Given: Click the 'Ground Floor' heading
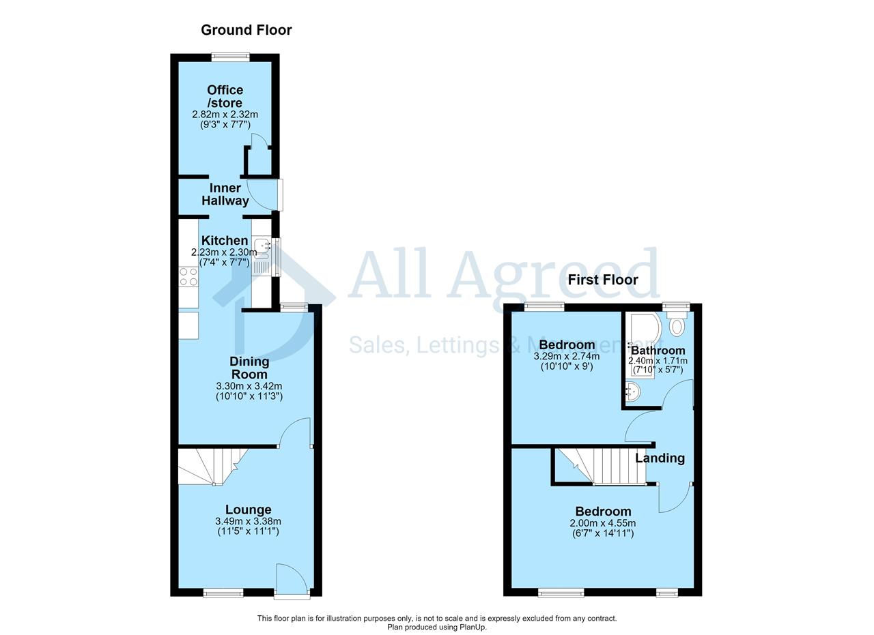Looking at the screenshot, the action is coord(246,30).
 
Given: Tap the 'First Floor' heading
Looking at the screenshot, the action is coord(603,280).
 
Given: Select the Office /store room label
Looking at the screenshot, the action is coord(225,96).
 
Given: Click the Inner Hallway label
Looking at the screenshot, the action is coord(225,194).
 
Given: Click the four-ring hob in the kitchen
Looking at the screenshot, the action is coord(188,277).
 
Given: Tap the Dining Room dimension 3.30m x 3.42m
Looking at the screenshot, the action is coord(249,386).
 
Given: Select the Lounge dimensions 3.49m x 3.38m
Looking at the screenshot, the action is coord(248,521).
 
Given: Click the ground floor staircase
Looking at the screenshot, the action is coord(213,467).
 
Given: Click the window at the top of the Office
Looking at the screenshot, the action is coord(231,57).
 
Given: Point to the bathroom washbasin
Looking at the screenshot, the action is coord(632,392).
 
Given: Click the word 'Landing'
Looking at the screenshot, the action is coord(660,458).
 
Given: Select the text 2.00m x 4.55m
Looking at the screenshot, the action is coord(603,523).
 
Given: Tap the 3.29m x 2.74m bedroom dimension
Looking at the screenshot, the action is coord(567,356).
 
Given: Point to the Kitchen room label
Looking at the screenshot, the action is coord(225,241).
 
